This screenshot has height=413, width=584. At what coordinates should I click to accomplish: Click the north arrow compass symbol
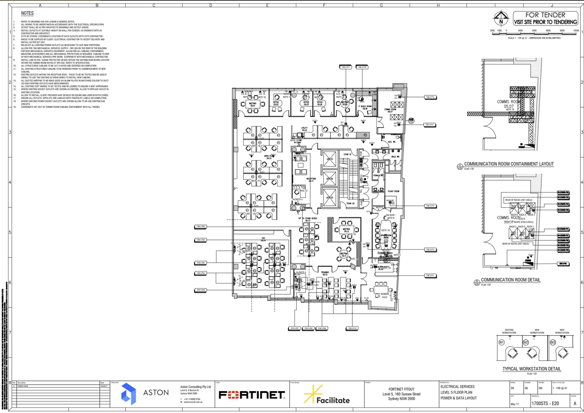pyautogui.click(x=501, y=18)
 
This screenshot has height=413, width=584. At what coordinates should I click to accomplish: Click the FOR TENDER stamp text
pyautogui.click(x=545, y=15)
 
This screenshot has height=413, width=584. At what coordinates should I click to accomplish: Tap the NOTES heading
pyautogui.click(x=27, y=13)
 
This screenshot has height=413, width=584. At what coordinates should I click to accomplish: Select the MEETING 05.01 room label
pyautogui.click(x=253, y=105)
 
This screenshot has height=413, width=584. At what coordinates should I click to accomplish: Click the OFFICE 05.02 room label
pyautogui.click(x=276, y=103)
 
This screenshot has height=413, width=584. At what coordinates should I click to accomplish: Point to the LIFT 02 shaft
pyautogui.click(x=330, y=179)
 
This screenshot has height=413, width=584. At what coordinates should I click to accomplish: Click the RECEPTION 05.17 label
pyautogui.click(x=311, y=180)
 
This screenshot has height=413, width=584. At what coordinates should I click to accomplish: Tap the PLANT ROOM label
pyautogui.click(x=394, y=191)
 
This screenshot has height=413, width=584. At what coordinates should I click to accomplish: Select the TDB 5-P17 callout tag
pyautogui.click(x=346, y=67)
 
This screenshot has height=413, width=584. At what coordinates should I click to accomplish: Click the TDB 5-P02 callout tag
pyautogui.click(x=200, y=227)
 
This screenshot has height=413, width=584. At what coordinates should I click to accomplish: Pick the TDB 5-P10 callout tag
pyautogui.click(x=352, y=328)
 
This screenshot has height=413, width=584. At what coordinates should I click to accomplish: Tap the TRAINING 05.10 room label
pyautogui.click(x=325, y=273)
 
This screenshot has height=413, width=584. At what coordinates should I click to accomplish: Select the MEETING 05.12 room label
pyautogui.click(x=346, y=230)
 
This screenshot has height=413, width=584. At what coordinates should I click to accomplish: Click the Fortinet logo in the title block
pyautogui.click(x=252, y=395)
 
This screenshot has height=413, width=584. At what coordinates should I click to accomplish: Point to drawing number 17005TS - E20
pyautogui.click(x=545, y=403)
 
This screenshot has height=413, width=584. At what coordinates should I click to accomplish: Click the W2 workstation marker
pyautogui.click(x=526, y=342)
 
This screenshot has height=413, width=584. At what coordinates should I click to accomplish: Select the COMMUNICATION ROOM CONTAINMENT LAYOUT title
pyautogui.click(x=509, y=164)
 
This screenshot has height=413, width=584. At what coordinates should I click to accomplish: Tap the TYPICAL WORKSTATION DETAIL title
pyautogui.click(x=532, y=369)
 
